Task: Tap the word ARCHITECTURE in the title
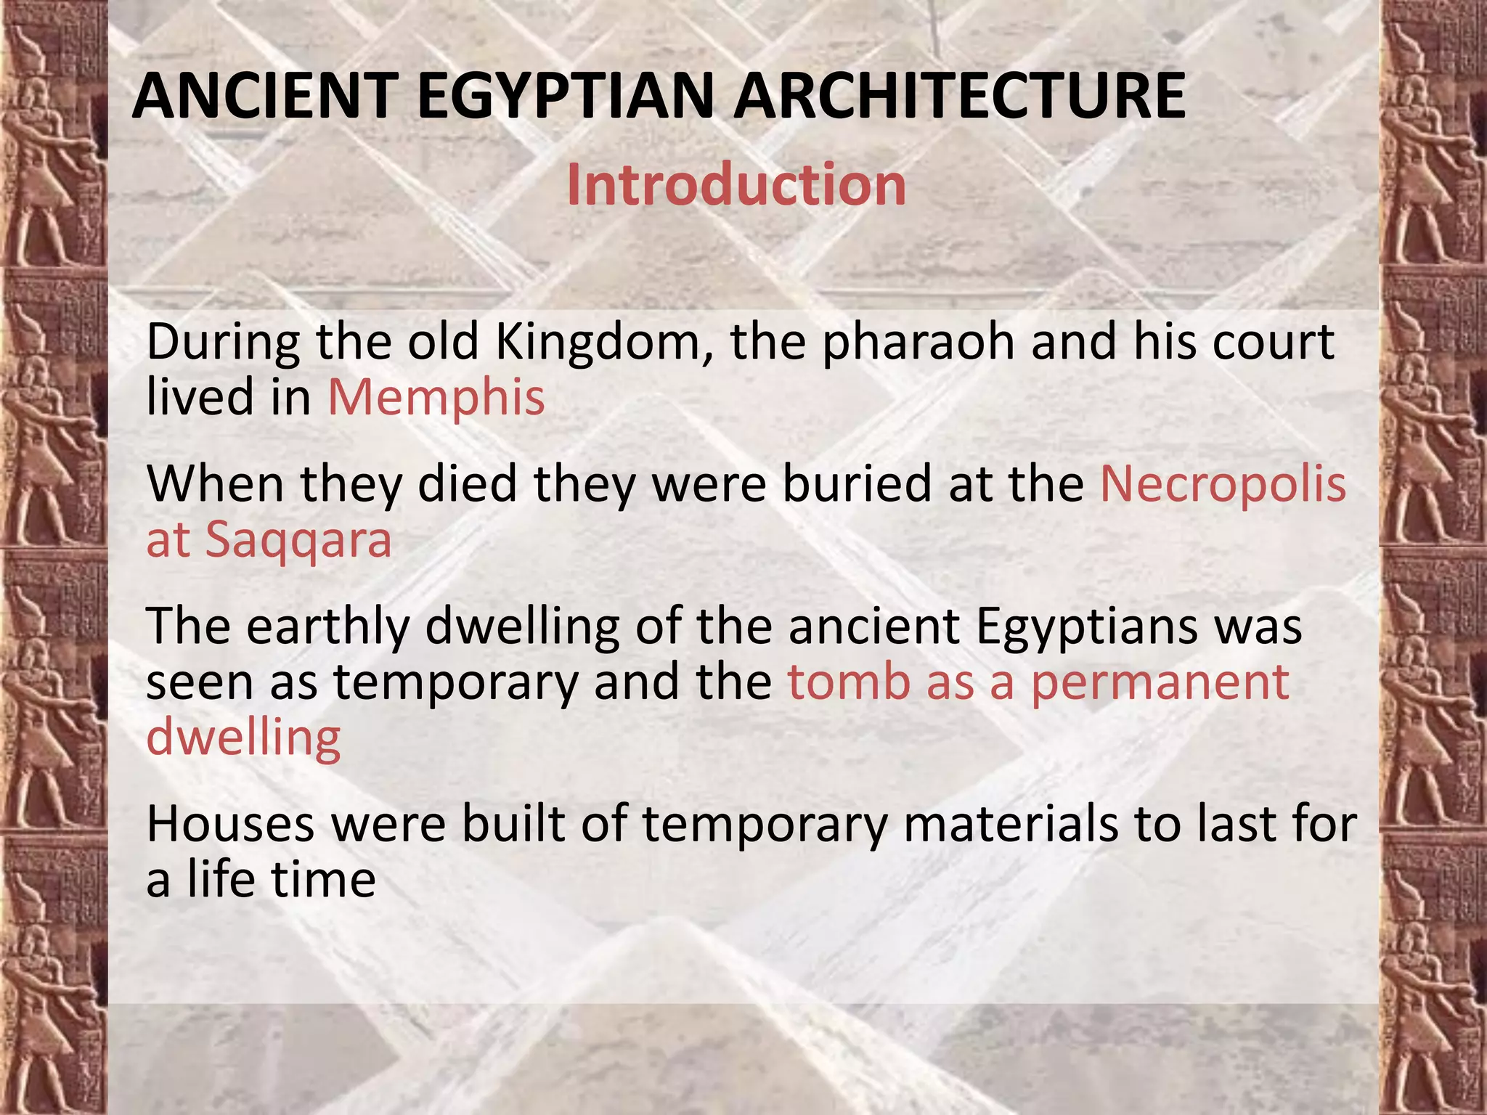pyautogui.click(x=959, y=96)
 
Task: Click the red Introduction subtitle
pyautogui.click(x=736, y=184)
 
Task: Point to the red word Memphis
pyautogui.click(x=436, y=398)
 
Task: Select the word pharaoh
pyautogui.click(x=918, y=343)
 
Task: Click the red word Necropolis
pyautogui.click(x=1223, y=484)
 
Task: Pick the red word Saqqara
pyautogui.click(x=298, y=541)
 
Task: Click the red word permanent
pyautogui.click(x=1160, y=684)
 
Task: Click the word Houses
pyautogui.click(x=230, y=825)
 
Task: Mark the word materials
pyautogui.click(x=1010, y=825)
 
